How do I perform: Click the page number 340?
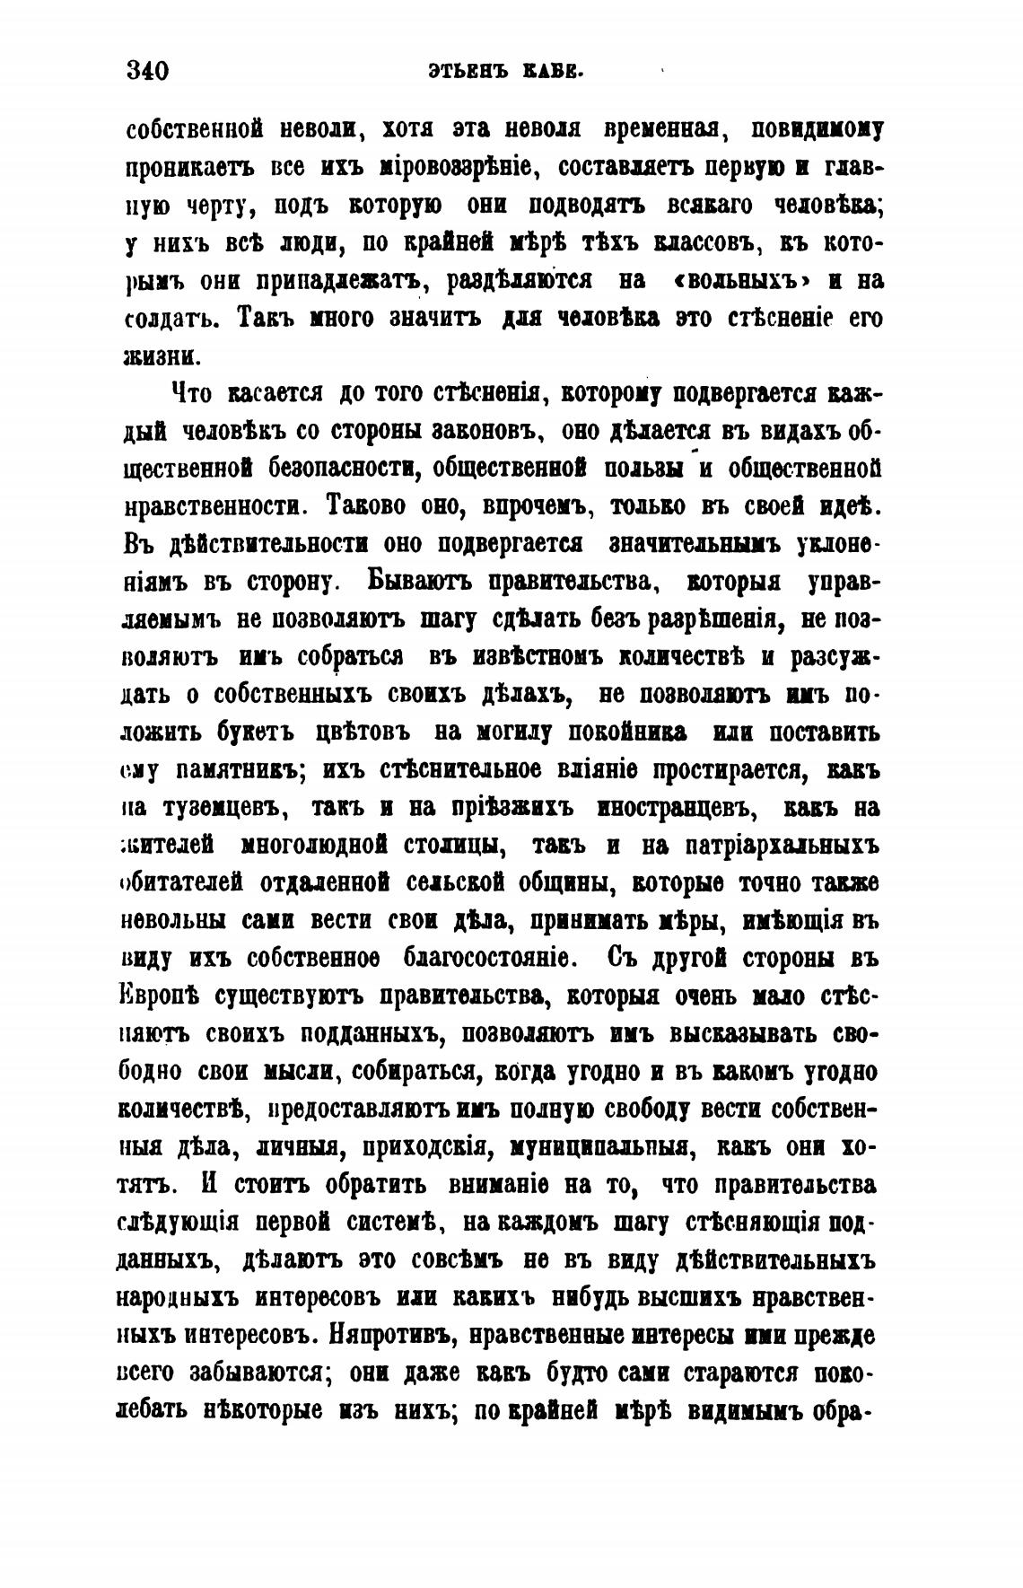148,70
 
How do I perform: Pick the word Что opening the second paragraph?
190,393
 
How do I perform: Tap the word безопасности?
340,468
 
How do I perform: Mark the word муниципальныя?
592,1146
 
